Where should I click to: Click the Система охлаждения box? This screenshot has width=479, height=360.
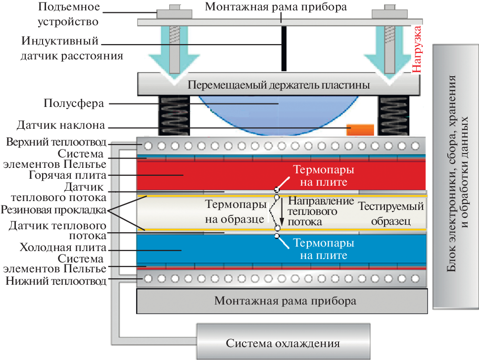coord(283,342)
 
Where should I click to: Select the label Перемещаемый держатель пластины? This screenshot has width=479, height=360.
coord(279,85)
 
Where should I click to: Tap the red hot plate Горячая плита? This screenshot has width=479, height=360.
coord(208,175)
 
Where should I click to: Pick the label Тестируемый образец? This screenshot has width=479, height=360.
coord(391,213)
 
